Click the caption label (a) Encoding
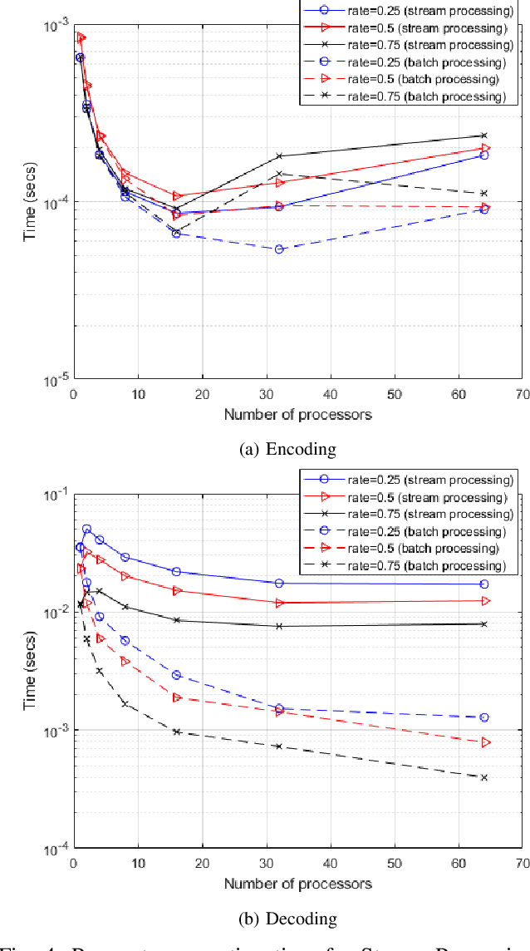pyautogui.click(x=287, y=450)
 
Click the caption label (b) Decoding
pyautogui.click(x=287, y=919)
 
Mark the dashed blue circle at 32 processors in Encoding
pyautogui.click(x=279, y=249)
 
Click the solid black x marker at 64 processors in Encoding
pyautogui.click(x=484, y=136)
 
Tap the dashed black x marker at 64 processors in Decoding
pyautogui.click(x=484, y=777)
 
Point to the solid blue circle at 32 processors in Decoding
pyautogui.click(x=279, y=584)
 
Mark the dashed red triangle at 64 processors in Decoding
pyautogui.click(x=485, y=742)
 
